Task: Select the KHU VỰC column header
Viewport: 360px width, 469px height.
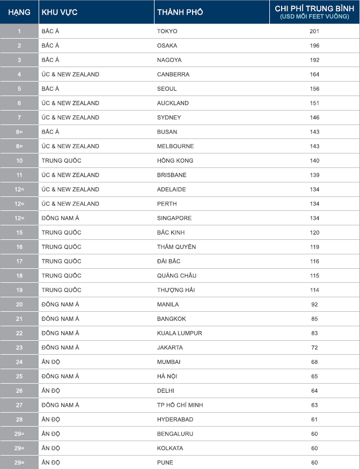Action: [x=60, y=12]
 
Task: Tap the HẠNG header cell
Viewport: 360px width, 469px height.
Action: [x=19, y=12]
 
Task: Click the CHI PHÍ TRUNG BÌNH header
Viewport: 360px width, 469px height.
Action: [x=314, y=12]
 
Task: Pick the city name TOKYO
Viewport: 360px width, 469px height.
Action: [x=167, y=31]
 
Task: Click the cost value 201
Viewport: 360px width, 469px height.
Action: [x=314, y=31]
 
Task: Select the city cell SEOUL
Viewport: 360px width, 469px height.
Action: [x=167, y=89]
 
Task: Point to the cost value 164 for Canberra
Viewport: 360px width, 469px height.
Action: [x=314, y=74]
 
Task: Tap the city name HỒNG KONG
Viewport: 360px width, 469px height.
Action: [x=175, y=160]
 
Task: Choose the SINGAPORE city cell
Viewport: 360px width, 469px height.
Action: [x=174, y=218]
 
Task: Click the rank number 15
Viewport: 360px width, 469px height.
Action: [x=19, y=232]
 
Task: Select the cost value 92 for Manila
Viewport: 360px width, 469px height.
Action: [x=314, y=304]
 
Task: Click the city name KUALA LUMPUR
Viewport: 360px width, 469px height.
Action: [x=180, y=333]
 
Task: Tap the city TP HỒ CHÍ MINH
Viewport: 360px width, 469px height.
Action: [x=180, y=405]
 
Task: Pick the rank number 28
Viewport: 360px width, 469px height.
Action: [x=19, y=419]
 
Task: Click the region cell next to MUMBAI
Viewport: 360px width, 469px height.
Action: [x=51, y=362]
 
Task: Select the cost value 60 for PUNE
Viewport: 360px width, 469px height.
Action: [x=314, y=463]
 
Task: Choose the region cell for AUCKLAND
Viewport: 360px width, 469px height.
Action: [x=70, y=103]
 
